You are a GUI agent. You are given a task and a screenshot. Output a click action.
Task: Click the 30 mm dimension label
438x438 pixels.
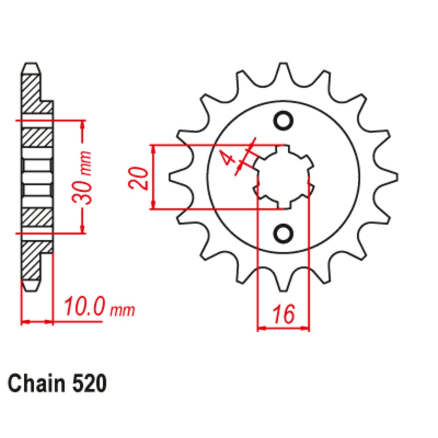pyautogui.click(x=83, y=177)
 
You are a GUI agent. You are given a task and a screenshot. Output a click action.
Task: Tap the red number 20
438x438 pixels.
pyautogui.click(x=137, y=177)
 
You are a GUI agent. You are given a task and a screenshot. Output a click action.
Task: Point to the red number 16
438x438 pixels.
pyautogui.click(x=283, y=314)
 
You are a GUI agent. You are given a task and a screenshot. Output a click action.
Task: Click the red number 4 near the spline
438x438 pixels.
pyautogui.click(x=228, y=158)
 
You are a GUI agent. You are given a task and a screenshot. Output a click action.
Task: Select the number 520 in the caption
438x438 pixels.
pyautogui.click(x=87, y=385)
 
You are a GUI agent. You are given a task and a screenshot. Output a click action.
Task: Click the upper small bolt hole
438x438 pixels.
pyautogui.click(x=283, y=120)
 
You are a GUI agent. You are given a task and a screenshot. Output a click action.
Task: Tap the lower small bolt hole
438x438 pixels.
pyautogui.click(x=283, y=232)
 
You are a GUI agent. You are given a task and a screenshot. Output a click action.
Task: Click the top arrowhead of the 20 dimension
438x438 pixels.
pyautogui.click(x=153, y=149)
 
